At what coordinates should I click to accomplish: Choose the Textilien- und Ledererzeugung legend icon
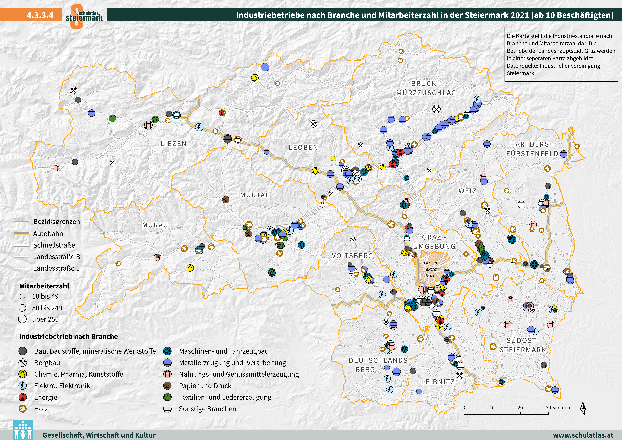click(x=167, y=397)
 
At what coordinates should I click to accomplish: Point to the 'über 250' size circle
click(x=23, y=319)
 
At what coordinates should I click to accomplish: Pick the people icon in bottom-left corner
click(x=23, y=430)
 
